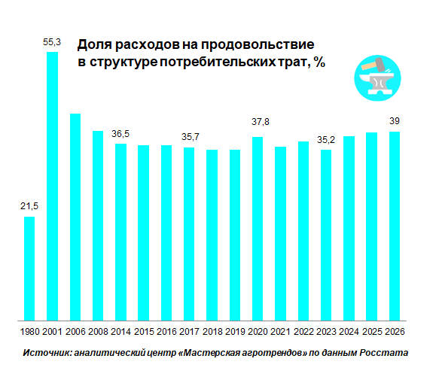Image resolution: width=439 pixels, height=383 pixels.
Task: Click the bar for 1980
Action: (29, 268)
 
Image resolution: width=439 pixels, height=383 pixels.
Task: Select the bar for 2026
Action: (394, 226)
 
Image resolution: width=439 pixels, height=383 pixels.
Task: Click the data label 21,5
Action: (29, 206)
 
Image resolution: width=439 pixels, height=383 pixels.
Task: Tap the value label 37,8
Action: (258, 121)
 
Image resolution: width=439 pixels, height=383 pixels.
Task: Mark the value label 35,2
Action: (326, 138)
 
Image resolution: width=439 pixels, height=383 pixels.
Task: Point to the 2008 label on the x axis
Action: (98, 330)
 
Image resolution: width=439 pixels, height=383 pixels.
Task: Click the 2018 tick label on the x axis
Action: (212, 330)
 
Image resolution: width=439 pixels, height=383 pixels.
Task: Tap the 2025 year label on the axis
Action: (371, 330)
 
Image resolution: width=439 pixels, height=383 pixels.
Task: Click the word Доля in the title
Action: (94, 45)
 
